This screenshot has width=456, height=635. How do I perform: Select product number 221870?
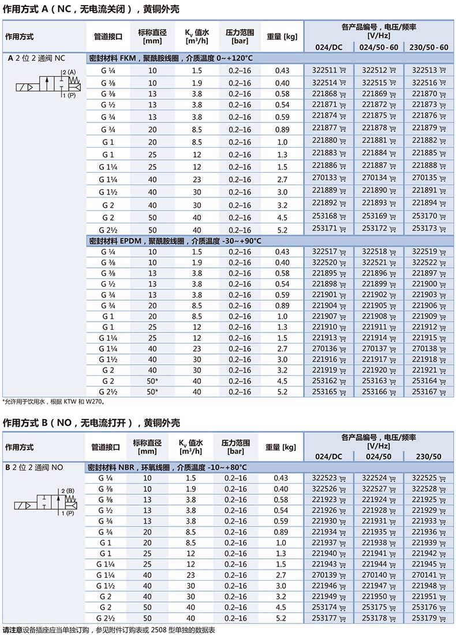(424, 94)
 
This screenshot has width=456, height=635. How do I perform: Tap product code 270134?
(375, 178)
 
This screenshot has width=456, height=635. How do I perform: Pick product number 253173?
(424, 229)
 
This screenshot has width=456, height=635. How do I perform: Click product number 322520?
(324, 263)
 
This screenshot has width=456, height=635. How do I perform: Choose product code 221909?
(424, 316)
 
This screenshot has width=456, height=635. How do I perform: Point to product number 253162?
(324, 381)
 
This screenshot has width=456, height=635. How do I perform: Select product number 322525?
(424, 478)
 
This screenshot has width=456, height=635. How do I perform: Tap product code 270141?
(424, 575)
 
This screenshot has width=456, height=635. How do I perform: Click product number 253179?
(424, 618)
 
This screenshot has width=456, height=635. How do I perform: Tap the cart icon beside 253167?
(443, 392)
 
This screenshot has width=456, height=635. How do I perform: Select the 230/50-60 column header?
(427, 47)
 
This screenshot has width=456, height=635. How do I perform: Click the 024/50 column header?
(378, 457)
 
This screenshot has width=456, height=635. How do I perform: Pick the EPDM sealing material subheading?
(174, 241)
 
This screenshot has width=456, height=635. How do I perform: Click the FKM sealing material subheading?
(170, 58)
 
